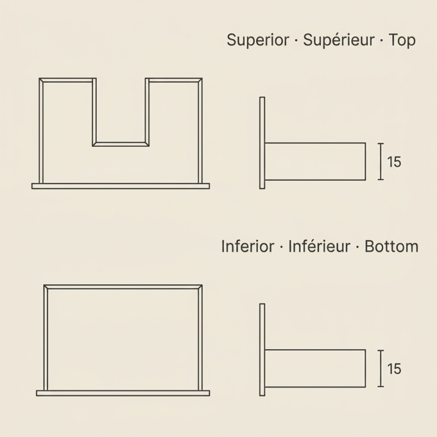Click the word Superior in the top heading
(258, 40)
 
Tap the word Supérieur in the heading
(338, 40)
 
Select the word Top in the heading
(402, 40)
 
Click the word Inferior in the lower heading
(248, 247)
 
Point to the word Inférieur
(319, 247)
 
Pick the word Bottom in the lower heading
(391, 247)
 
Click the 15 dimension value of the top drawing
(394, 162)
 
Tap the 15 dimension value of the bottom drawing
(394, 369)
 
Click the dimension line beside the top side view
(381, 161)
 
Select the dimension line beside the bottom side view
(381, 369)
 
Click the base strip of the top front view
(120, 186)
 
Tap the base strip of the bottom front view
(123, 393)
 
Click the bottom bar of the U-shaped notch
(120, 144)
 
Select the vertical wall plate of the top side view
(262, 143)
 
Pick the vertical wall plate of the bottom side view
(262, 350)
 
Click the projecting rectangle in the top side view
(315, 162)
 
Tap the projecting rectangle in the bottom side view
(315, 369)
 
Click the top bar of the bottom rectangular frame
(123, 287)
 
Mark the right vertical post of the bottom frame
(200, 337)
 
